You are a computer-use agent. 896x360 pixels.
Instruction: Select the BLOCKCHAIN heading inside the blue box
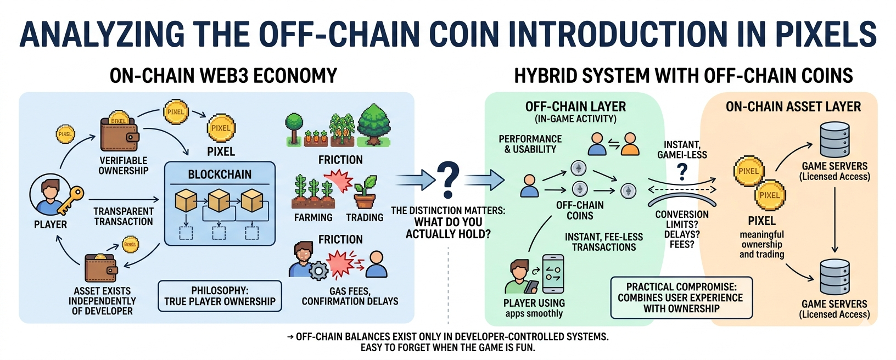pos(220,175)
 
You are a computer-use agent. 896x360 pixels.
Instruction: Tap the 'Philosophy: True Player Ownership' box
pos(220,296)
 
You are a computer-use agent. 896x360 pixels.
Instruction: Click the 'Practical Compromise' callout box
pos(681,297)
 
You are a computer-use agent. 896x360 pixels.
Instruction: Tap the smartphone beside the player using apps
pos(552,274)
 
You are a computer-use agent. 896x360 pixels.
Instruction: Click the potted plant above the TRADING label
pos(365,192)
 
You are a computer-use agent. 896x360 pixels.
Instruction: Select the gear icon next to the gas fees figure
pos(318,271)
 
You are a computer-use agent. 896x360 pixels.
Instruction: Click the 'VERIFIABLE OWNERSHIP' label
pos(124,165)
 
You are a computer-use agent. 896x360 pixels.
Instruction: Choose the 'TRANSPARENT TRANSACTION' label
pos(124,216)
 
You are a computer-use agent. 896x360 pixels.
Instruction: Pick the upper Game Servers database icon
pos(834,139)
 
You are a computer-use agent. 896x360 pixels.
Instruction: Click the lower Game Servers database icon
pos(834,277)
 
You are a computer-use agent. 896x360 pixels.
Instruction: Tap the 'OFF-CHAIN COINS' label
pos(580,210)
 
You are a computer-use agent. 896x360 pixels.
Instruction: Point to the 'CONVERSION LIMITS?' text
pos(682,219)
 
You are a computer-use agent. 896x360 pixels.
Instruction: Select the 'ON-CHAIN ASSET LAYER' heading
pos(793,106)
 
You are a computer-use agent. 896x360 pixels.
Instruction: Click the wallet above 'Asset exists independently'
pos(100,267)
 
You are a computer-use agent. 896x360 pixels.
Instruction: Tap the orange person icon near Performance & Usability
pos(630,144)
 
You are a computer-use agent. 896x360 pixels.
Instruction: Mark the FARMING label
pos(313,217)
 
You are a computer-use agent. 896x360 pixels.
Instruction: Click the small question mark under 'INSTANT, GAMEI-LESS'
pos(682,172)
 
